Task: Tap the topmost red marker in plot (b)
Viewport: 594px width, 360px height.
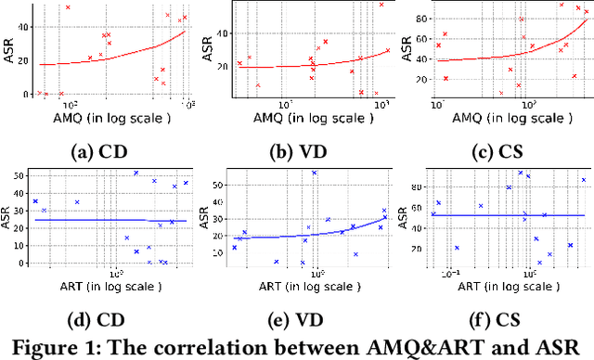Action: coord(381,6)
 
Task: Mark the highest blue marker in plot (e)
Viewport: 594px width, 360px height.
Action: coord(314,173)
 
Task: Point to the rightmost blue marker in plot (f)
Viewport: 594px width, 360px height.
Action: coord(583,180)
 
